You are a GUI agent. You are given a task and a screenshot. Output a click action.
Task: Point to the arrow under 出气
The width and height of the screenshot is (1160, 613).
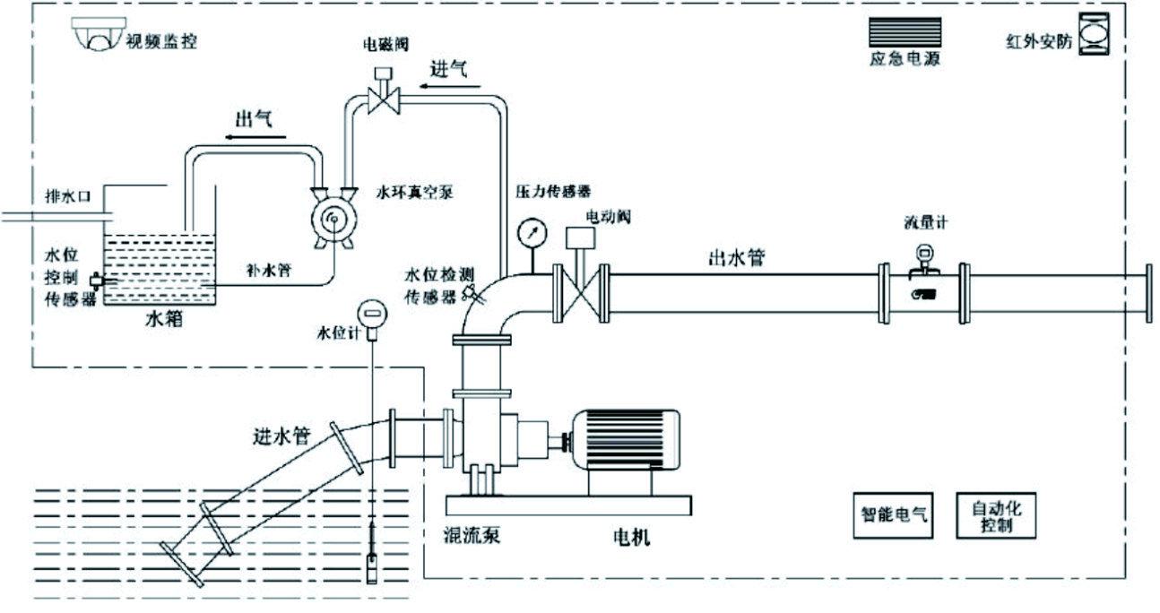[x=255, y=137]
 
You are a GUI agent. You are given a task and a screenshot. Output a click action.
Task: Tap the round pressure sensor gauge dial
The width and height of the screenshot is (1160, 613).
[x=531, y=231]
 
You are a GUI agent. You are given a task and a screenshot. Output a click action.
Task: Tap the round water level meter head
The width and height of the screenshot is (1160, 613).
[x=370, y=315]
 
